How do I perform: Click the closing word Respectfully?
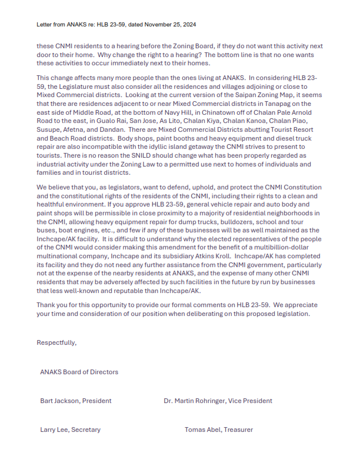(56, 342)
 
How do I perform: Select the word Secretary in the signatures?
(86, 430)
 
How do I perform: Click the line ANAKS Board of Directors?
(79, 372)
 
